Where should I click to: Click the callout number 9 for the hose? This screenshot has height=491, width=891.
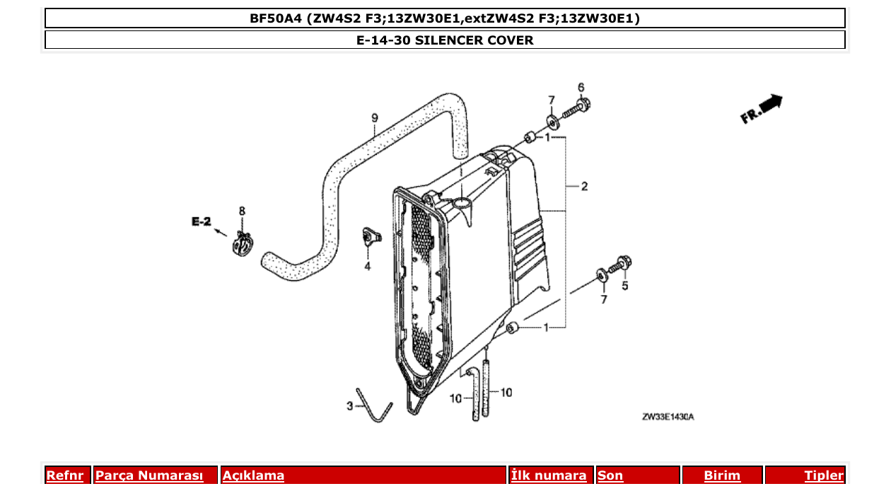point(375,117)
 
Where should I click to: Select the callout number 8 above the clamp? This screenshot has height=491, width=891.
point(242,211)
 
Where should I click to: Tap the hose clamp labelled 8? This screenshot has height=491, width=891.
point(242,245)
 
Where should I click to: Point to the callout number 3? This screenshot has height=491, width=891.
point(349,405)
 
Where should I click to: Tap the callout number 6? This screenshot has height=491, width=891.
point(581,87)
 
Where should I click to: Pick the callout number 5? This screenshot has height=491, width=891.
point(624,286)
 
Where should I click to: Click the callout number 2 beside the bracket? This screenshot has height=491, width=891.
point(584,187)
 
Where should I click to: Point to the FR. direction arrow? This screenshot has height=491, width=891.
point(762,110)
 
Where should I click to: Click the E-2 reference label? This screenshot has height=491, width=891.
point(201,221)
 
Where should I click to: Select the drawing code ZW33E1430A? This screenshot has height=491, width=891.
point(668,417)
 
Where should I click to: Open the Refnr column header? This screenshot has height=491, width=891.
point(65,475)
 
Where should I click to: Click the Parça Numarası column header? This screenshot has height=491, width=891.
point(148,475)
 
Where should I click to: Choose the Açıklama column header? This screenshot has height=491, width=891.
point(254,475)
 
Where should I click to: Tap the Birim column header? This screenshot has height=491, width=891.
point(722,475)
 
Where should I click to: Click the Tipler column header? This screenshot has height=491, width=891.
point(823,475)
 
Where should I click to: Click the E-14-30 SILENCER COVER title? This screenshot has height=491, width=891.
point(445,40)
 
